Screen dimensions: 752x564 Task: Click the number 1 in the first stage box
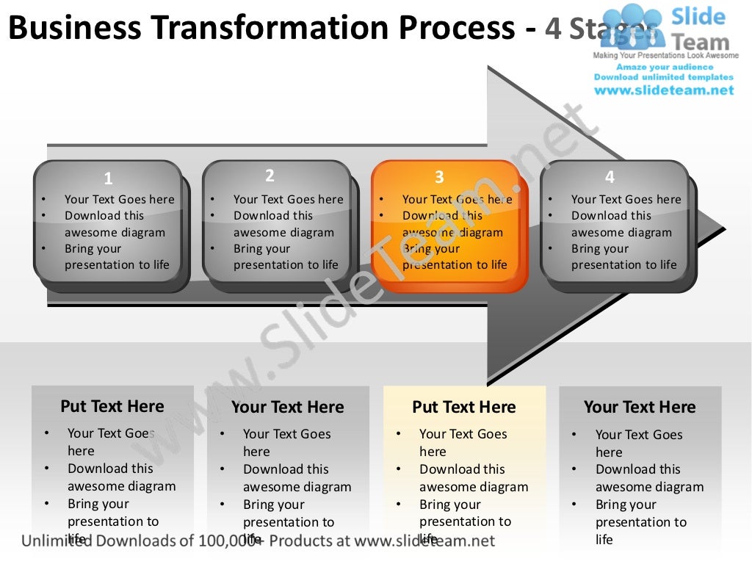(x=108, y=178)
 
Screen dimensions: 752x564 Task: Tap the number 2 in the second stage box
(x=270, y=176)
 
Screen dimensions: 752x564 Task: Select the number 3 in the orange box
(x=439, y=177)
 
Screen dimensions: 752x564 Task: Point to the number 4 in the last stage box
(x=610, y=177)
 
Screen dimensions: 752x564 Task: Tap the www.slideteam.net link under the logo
(x=664, y=90)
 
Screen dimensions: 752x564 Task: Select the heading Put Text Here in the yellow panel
(x=464, y=407)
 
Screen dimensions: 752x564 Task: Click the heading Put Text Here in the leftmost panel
(x=112, y=406)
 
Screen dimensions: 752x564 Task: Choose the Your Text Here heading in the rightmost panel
(x=640, y=407)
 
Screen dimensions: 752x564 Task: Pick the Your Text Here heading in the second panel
(x=287, y=407)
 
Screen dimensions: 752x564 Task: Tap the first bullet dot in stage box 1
(x=44, y=200)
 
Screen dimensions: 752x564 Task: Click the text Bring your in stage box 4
(x=599, y=249)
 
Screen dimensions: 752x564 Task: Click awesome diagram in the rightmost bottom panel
(x=649, y=487)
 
